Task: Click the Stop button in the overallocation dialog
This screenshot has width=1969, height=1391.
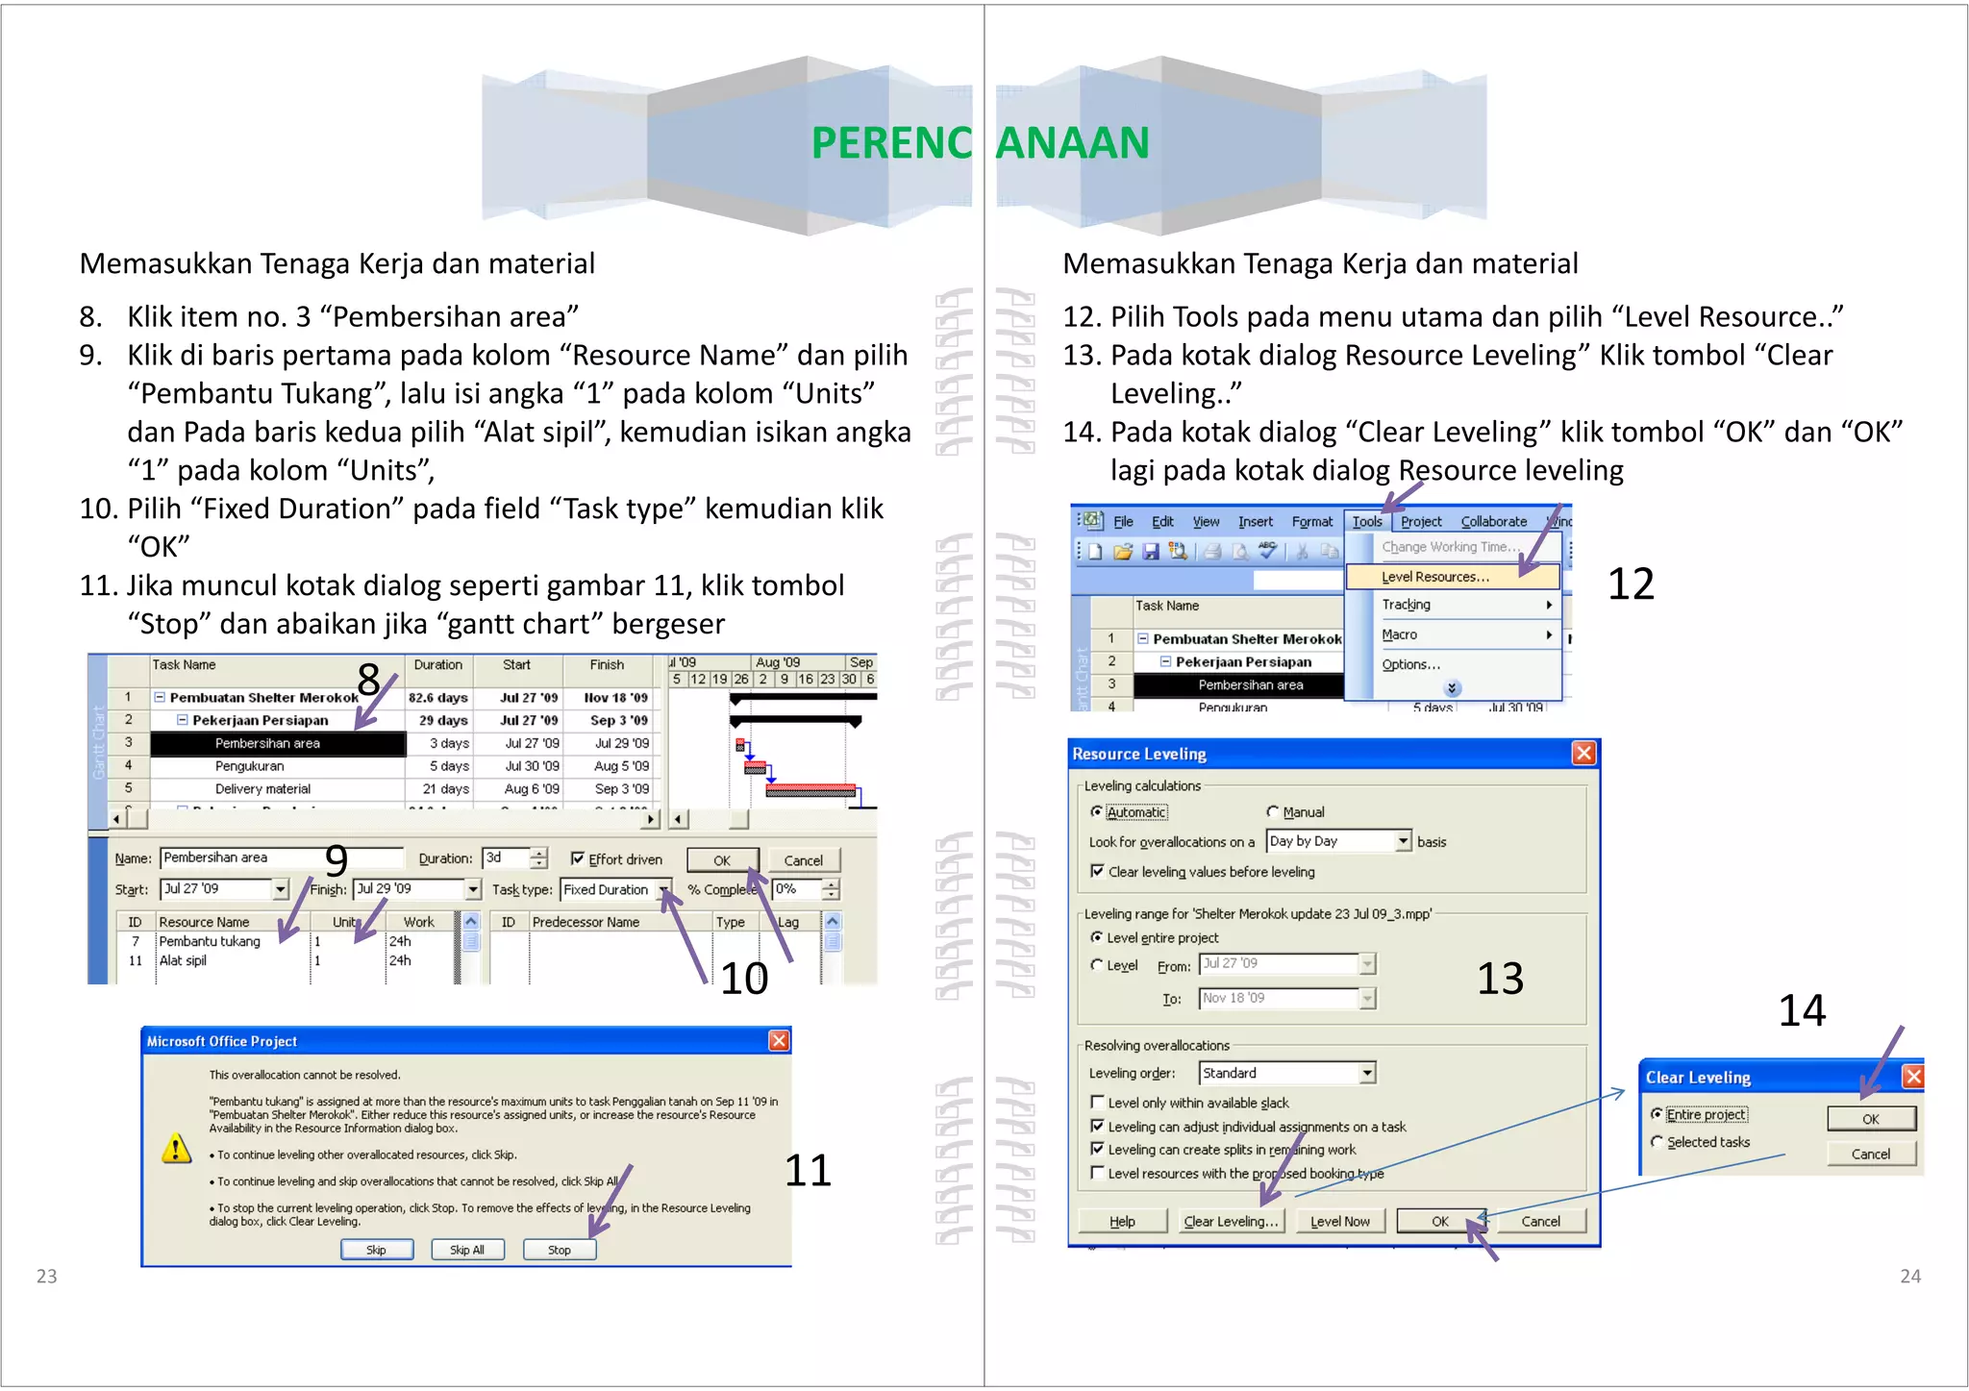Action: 560,1250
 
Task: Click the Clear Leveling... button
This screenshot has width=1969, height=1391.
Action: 1231,1221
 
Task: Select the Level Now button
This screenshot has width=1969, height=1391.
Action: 1339,1221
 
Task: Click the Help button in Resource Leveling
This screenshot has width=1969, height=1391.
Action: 1122,1221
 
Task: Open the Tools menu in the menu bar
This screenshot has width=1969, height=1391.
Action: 1366,521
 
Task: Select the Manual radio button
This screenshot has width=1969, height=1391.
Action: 1273,812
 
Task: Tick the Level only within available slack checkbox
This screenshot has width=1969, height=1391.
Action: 1097,1102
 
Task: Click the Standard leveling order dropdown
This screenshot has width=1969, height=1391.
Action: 1286,1073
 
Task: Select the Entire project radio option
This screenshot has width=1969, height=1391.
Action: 1657,1114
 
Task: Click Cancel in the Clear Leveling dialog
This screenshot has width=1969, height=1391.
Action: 1870,1154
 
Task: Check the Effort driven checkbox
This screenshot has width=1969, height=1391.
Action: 578,858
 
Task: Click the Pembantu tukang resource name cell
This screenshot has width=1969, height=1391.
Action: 210,941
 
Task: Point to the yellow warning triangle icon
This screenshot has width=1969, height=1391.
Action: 176,1148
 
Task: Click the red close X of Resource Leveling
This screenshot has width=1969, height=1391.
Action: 1583,753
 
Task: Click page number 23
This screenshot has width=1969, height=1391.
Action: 46,1276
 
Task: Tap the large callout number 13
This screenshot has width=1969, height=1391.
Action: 1500,978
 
